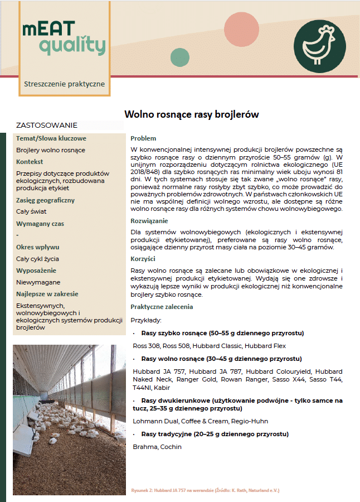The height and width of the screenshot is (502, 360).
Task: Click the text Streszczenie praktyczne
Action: pos(64,84)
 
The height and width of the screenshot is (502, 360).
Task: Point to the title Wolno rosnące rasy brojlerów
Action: pos(191,114)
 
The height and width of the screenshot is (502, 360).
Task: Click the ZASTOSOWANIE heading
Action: pos(47,125)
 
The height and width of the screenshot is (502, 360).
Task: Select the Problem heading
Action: pos(143,138)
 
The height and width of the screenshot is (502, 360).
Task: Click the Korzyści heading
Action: pos(143,259)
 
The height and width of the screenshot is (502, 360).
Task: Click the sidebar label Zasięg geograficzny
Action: pos(45,200)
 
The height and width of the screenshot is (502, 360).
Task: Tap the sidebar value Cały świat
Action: pos(31,211)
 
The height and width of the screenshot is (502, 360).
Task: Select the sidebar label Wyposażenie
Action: pos(36,271)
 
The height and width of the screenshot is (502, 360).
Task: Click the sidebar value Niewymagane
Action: pos(38,282)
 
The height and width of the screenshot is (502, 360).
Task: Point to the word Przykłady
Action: pos(146,320)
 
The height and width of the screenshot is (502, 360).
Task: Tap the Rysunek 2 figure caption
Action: pos(205,490)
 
